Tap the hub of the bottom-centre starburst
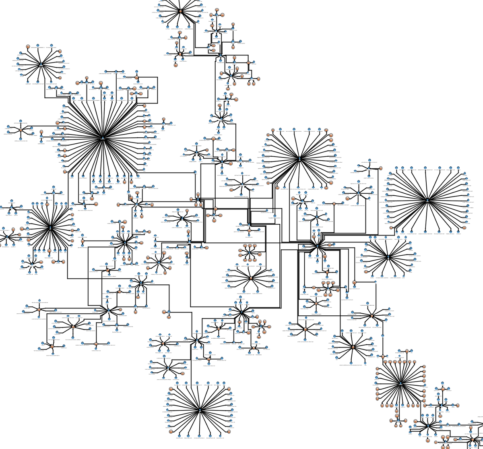[200, 410]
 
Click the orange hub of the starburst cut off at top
[181, 11]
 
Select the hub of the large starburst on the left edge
[50, 228]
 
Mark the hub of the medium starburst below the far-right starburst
[388, 257]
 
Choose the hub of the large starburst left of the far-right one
[299, 159]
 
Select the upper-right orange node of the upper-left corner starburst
[59, 52]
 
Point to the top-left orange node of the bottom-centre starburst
[171, 389]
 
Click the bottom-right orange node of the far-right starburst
[464, 228]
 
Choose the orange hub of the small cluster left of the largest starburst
[21, 130]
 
